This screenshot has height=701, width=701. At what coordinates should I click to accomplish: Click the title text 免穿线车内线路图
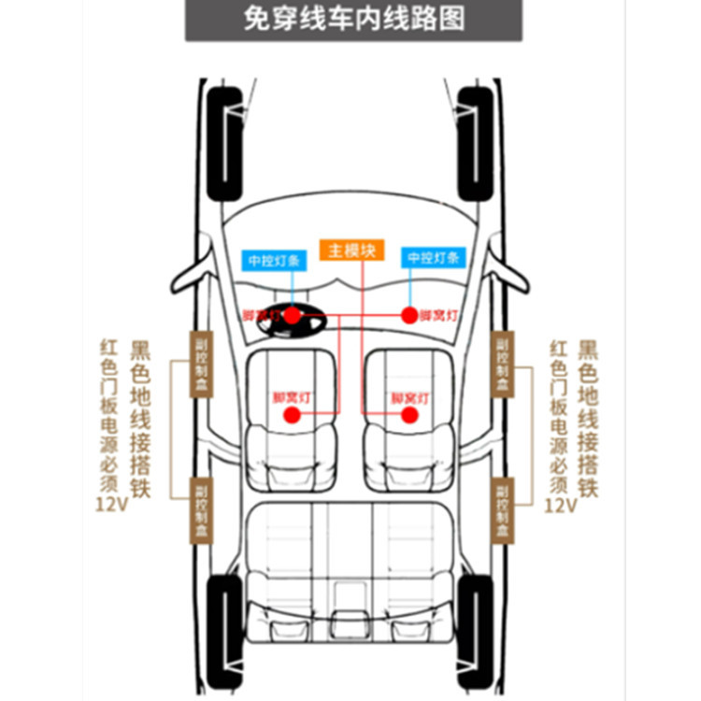(x=353, y=20)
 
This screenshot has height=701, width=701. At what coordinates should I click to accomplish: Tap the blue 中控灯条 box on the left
(x=271, y=259)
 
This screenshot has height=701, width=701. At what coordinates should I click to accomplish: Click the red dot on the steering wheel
(x=292, y=316)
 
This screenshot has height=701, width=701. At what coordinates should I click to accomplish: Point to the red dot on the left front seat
(x=291, y=413)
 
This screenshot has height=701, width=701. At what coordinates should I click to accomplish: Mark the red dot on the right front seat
(x=408, y=413)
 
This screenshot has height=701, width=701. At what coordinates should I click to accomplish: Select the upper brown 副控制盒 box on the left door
(x=201, y=365)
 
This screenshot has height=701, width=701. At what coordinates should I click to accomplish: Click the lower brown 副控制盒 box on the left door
(x=201, y=509)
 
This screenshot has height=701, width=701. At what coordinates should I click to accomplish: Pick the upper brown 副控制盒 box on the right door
(x=503, y=365)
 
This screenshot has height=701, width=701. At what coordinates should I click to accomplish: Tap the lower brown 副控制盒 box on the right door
(x=503, y=509)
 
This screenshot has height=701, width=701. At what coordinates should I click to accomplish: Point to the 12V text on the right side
(x=560, y=505)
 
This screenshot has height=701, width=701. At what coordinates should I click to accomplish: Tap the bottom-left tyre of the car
(x=224, y=626)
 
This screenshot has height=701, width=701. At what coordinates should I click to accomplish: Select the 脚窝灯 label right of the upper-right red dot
(x=437, y=316)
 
